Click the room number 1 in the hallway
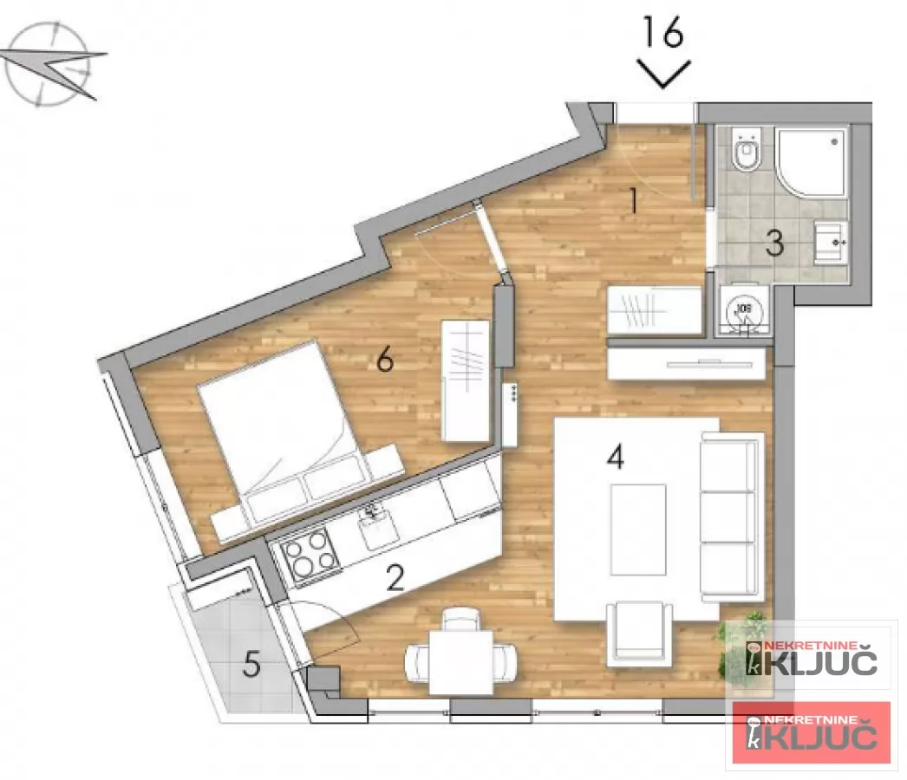click(x=634, y=202)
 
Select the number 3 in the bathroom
click(x=774, y=244)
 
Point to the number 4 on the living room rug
click(x=615, y=457)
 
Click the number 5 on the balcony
click(x=251, y=665)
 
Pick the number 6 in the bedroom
click(x=385, y=360)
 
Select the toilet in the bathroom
click(x=746, y=153)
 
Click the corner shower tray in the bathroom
click(x=810, y=163)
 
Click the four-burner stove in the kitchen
click(x=310, y=555)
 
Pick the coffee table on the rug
click(x=637, y=530)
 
